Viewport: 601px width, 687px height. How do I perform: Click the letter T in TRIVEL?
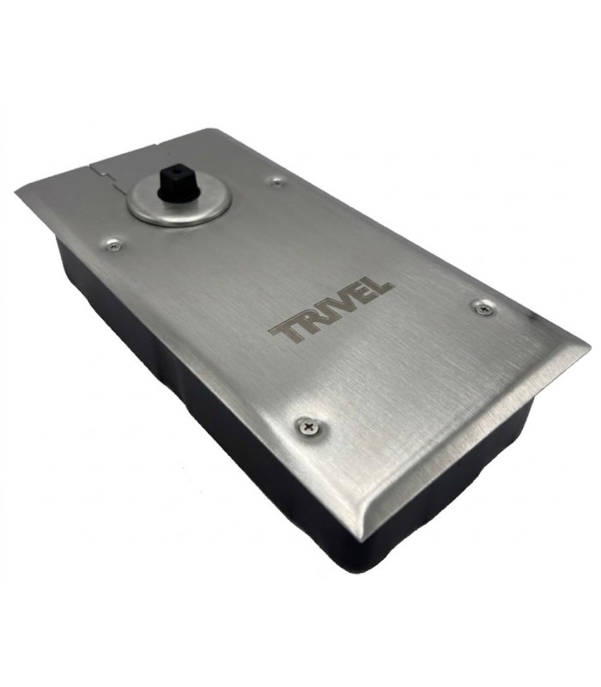click(x=286, y=332)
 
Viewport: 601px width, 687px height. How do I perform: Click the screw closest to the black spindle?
click(x=276, y=182)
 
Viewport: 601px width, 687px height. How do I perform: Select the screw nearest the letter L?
click(x=484, y=308)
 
